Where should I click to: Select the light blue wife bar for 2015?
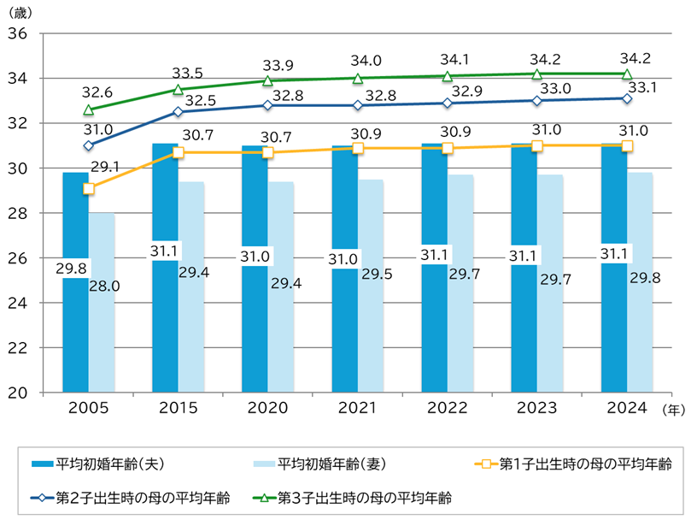[x=190, y=334]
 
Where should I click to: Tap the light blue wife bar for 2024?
[x=640, y=334]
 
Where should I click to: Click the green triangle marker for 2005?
[x=89, y=110]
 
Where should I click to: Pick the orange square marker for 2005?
[x=89, y=188]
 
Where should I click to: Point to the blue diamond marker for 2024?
[x=627, y=98]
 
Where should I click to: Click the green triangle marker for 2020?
[x=267, y=80]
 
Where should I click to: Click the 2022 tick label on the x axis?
[x=447, y=408]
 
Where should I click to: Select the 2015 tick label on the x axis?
[x=178, y=408]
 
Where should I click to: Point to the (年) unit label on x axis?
[x=674, y=410]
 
